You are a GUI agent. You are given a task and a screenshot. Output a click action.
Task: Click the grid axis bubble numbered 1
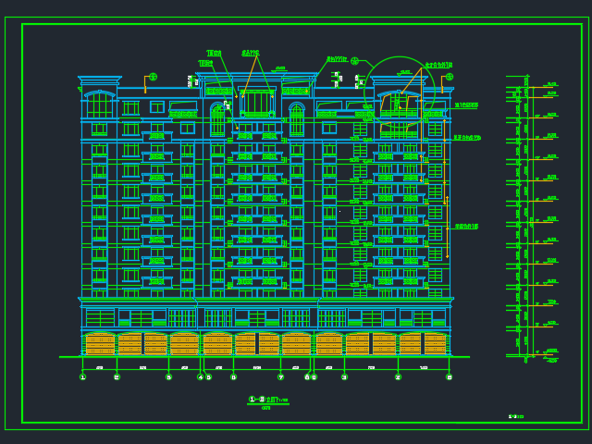pyautogui.click(x=82, y=376)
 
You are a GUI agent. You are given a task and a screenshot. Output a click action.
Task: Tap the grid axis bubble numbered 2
pyautogui.click(x=117, y=376)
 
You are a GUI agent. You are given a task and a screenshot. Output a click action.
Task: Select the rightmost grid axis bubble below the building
pyautogui.click(x=450, y=376)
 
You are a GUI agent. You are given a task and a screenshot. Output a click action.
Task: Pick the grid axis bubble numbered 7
pyautogui.click(x=281, y=376)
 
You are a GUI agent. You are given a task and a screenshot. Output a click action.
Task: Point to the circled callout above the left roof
pyautogui.click(x=153, y=77)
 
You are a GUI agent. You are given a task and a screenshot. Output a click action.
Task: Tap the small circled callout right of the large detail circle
pyautogui.click(x=450, y=77)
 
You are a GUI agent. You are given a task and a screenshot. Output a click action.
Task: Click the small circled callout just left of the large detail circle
pyautogui.click(x=354, y=61)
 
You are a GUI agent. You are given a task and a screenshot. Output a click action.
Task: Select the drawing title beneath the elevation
pyautogui.click(x=268, y=400)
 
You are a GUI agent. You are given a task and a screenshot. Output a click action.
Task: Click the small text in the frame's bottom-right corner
pyautogui.click(x=515, y=416)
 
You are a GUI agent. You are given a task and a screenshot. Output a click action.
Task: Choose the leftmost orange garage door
pyautogui.click(x=99, y=344)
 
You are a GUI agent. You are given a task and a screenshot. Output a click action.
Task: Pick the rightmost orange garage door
pyautogui.click(x=435, y=344)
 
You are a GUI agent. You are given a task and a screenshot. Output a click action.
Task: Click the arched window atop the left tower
pyautogui.click(x=99, y=102)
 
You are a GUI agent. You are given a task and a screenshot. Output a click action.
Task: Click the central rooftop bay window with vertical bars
pyautogui.click(x=257, y=102)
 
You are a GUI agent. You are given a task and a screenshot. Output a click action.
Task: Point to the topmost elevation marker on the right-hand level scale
pyautogui.click(x=551, y=84)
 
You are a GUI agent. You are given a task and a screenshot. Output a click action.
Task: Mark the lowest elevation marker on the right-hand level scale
pyautogui.click(x=551, y=359)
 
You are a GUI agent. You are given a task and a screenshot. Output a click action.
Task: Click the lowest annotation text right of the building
pyautogui.click(x=466, y=227)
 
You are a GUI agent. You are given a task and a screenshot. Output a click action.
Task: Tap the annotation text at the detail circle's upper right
pyautogui.click(x=438, y=66)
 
